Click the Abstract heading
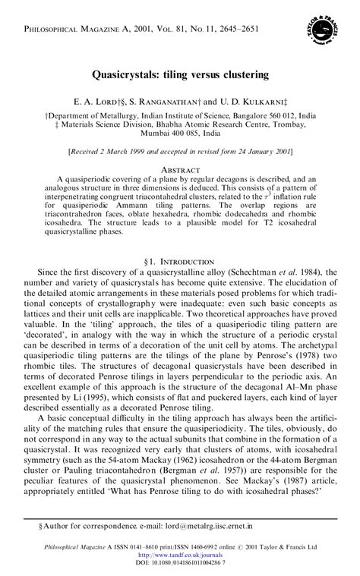click(180, 168)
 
